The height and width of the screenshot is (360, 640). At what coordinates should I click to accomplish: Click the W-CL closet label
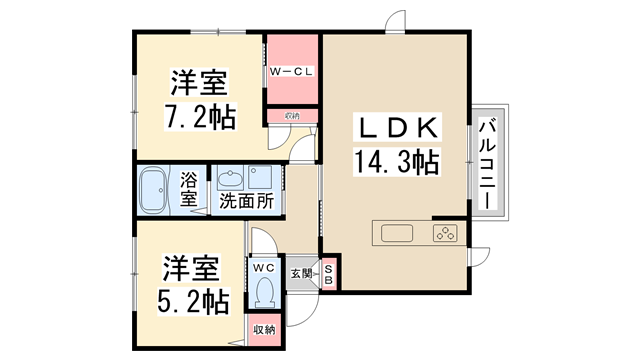click(291, 71)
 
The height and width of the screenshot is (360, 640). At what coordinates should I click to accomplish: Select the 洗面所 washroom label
click(246, 200)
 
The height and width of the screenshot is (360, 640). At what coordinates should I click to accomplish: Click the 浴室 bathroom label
click(188, 190)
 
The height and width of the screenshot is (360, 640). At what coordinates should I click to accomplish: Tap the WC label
click(264, 268)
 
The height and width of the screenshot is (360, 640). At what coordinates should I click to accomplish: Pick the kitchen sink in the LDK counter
click(396, 235)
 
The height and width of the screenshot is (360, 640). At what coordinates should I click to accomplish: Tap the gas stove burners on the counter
click(445, 235)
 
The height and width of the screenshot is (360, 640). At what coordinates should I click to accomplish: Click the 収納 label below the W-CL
click(291, 117)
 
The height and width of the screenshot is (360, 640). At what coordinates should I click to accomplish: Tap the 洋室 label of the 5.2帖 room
click(191, 268)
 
